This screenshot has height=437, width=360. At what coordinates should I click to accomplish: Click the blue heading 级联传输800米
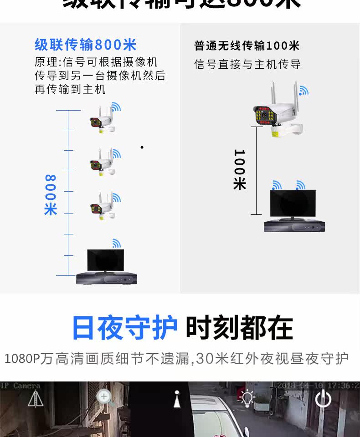point(85,45)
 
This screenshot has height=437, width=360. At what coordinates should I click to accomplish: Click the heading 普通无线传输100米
point(247,46)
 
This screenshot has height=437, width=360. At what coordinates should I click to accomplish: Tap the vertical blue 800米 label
point(51,195)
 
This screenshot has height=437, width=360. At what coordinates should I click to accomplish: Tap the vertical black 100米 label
point(240,169)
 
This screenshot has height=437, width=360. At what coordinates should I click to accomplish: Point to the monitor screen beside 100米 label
point(293,203)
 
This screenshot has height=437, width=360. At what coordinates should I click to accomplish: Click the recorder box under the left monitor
point(106,278)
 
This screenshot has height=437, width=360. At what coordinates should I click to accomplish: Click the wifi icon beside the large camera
point(303,91)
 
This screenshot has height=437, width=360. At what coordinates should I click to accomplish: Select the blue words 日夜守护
point(124,328)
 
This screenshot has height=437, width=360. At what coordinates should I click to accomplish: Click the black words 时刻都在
point(239,328)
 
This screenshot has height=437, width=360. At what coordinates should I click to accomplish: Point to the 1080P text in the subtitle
point(22,359)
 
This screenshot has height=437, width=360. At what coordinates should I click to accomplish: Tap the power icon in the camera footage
point(323,399)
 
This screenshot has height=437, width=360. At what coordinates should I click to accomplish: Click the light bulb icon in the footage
point(247,398)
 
